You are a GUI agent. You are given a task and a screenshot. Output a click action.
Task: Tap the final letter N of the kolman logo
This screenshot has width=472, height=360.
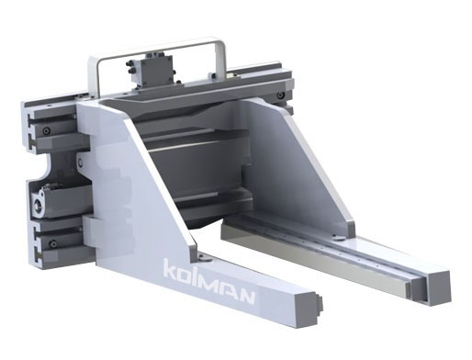pos(245,295)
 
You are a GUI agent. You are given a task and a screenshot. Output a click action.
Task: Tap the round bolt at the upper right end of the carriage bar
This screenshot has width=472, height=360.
pos(280,96)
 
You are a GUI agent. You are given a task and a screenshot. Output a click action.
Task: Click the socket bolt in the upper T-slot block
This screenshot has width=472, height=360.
pos(46,130)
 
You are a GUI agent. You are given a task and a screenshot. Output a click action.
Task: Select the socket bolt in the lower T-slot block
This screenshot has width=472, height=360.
pos(53,244)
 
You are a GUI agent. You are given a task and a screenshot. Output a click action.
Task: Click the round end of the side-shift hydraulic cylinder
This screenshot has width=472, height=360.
pos(38,204)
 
